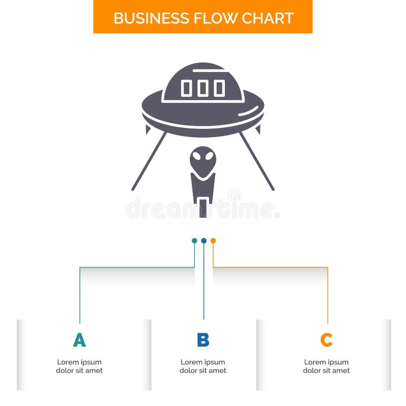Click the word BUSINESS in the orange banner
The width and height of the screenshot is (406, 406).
[x=144, y=18]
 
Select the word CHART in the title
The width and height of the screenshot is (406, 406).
[x=267, y=18]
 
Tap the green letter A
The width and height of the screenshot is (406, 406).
[x=79, y=340]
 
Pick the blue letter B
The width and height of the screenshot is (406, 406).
[x=203, y=340]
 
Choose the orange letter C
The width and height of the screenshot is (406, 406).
[x=326, y=340]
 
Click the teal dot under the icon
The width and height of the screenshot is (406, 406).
[x=194, y=241]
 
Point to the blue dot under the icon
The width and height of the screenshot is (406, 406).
[x=204, y=241]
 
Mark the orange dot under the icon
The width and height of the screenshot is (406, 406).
[x=213, y=241]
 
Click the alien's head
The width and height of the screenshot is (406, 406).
[x=203, y=160]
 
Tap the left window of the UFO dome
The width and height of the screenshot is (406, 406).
[x=186, y=88]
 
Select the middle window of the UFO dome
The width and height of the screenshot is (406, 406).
[x=203, y=88]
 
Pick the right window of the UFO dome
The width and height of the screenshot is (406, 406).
[x=219, y=88]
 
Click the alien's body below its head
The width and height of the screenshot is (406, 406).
[x=203, y=188]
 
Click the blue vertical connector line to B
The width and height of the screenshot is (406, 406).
[x=204, y=284]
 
